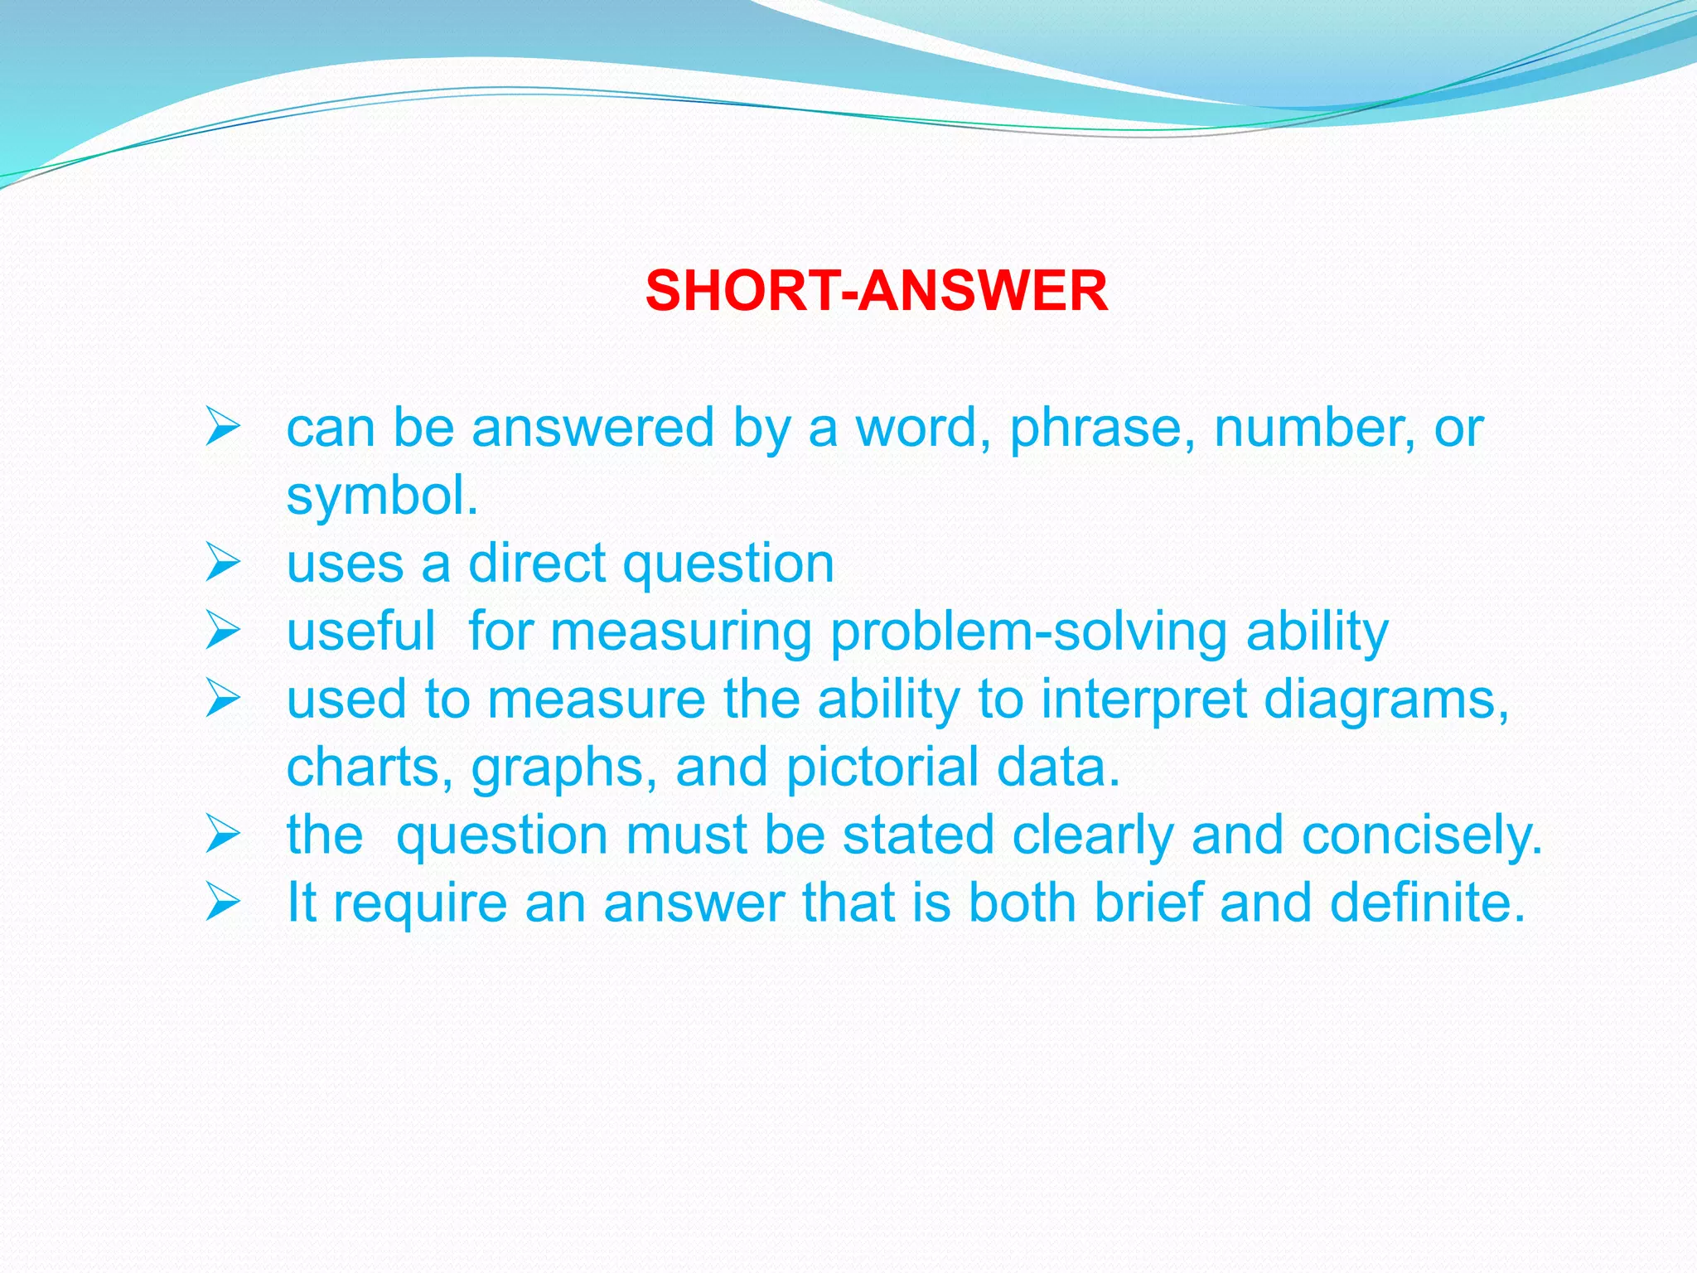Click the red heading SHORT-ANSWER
pos(876,291)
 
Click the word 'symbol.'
pos(382,496)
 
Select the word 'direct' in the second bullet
pos(536,564)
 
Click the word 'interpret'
pos(1143,699)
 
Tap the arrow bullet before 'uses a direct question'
pos(223,564)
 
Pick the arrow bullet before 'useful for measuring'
pos(223,632)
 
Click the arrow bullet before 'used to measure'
pos(223,699)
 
